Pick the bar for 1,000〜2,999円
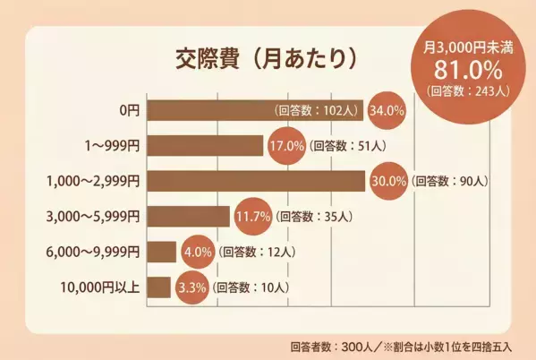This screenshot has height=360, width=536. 255,180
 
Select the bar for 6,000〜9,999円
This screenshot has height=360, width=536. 161,252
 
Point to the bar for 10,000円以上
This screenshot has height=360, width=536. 158,287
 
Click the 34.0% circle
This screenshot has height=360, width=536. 387,110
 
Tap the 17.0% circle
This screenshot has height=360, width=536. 285,145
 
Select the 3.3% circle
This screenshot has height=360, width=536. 190,287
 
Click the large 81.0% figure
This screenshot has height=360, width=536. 465,69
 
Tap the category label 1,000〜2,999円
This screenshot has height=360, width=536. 93,181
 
